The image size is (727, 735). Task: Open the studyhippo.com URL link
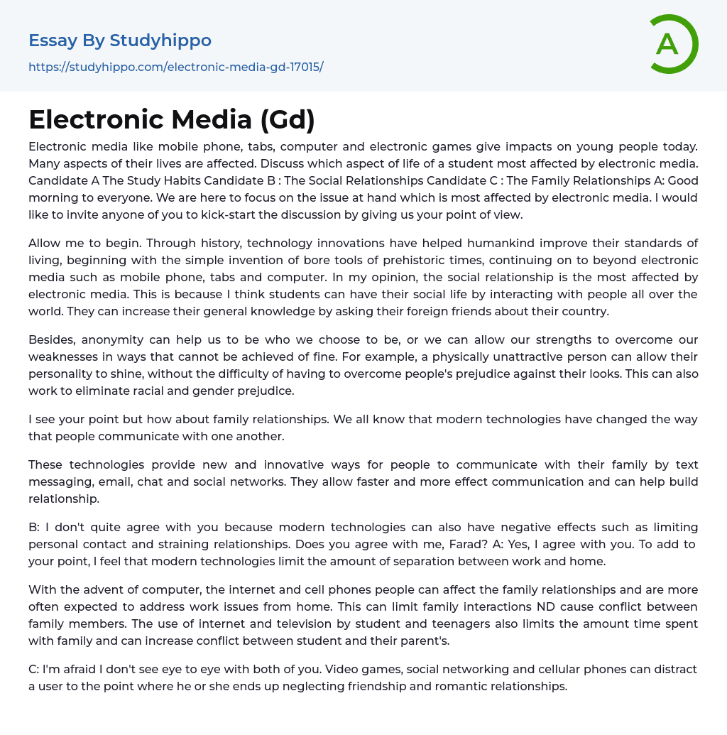pyautogui.click(x=175, y=67)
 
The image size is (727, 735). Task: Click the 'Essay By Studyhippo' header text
pyautogui.click(x=120, y=40)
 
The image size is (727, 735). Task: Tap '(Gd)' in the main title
pyautogui.click(x=287, y=119)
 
